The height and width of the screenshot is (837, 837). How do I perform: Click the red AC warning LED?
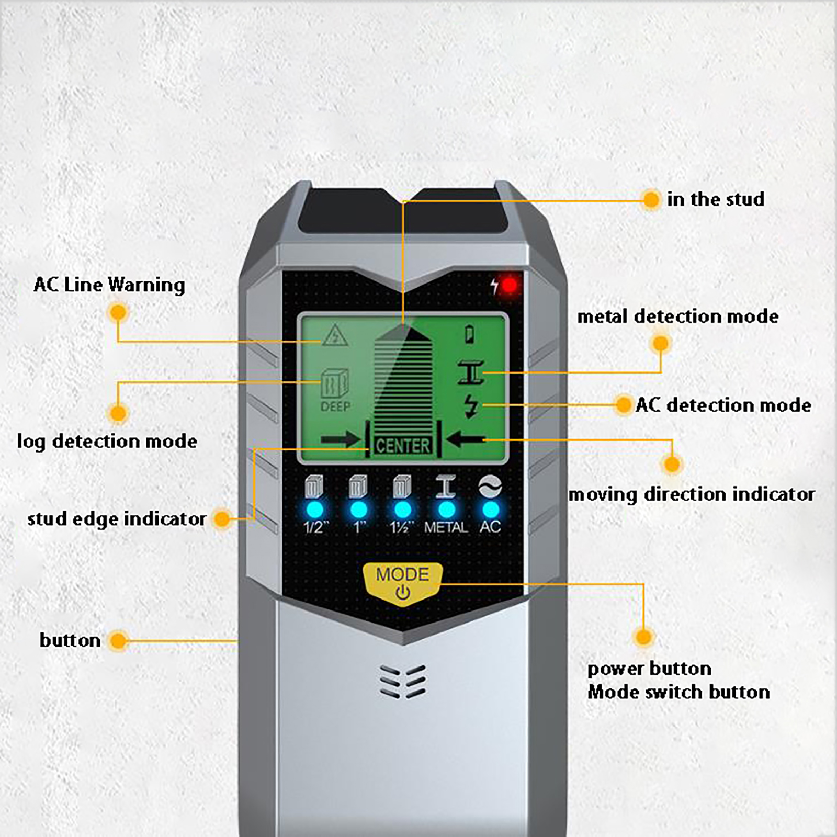point(509,286)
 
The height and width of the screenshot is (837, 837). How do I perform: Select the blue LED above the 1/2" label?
point(314,510)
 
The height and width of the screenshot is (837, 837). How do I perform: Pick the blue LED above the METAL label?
point(446,510)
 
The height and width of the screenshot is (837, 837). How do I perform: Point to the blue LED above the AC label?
point(490,510)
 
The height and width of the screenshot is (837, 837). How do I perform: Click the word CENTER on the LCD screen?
point(403,446)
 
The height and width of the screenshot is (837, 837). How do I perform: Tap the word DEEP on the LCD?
point(335,406)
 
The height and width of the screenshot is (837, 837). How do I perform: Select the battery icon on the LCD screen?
point(470,334)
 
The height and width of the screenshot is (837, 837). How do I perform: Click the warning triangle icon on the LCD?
point(335,336)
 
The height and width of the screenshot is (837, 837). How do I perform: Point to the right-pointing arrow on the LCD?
point(340,439)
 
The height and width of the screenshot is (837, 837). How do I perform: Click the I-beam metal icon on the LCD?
point(471,372)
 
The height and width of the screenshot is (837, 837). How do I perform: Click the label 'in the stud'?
point(715,199)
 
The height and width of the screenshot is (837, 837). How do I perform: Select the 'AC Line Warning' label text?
point(109,285)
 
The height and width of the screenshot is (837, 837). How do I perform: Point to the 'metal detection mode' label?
point(677,316)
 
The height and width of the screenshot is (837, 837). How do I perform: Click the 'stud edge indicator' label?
point(117,519)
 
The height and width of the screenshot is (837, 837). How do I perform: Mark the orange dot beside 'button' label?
point(119,641)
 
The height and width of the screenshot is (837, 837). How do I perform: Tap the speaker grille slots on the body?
point(403,682)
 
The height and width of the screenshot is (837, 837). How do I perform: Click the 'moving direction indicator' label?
point(692,494)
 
